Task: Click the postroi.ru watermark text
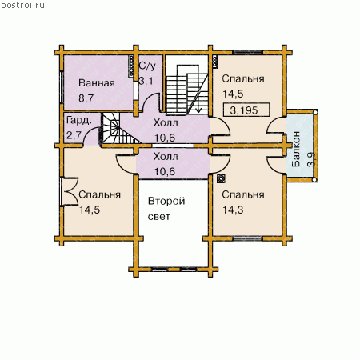pyautogui.click(x=23, y=6)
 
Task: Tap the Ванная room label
pyautogui.click(x=97, y=83)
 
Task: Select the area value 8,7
pyautogui.click(x=86, y=98)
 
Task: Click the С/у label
pyautogui.click(x=147, y=66)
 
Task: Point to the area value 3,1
pyautogui.click(x=146, y=81)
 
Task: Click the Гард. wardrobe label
pyautogui.click(x=79, y=121)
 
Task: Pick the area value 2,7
pyautogui.click(x=74, y=135)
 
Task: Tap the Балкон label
pyautogui.click(x=296, y=149)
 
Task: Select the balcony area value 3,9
pyautogui.click(x=311, y=159)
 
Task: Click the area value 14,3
pyautogui.click(x=233, y=210)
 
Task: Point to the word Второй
pyautogui.click(x=166, y=201)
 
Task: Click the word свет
pyautogui.click(x=159, y=217)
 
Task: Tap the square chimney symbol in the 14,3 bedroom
pyautogui.click(x=221, y=178)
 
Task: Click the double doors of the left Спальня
pyautogui.click(x=69, y=191)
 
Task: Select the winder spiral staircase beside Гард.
pyautogui.click(x=119, y=128)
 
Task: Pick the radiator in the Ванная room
pyautogui.click(x=131, y=66)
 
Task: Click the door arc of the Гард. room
pyautogui.click(x=91, y=135)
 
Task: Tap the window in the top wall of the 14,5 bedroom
pyautogui.click(x=248, y=52)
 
